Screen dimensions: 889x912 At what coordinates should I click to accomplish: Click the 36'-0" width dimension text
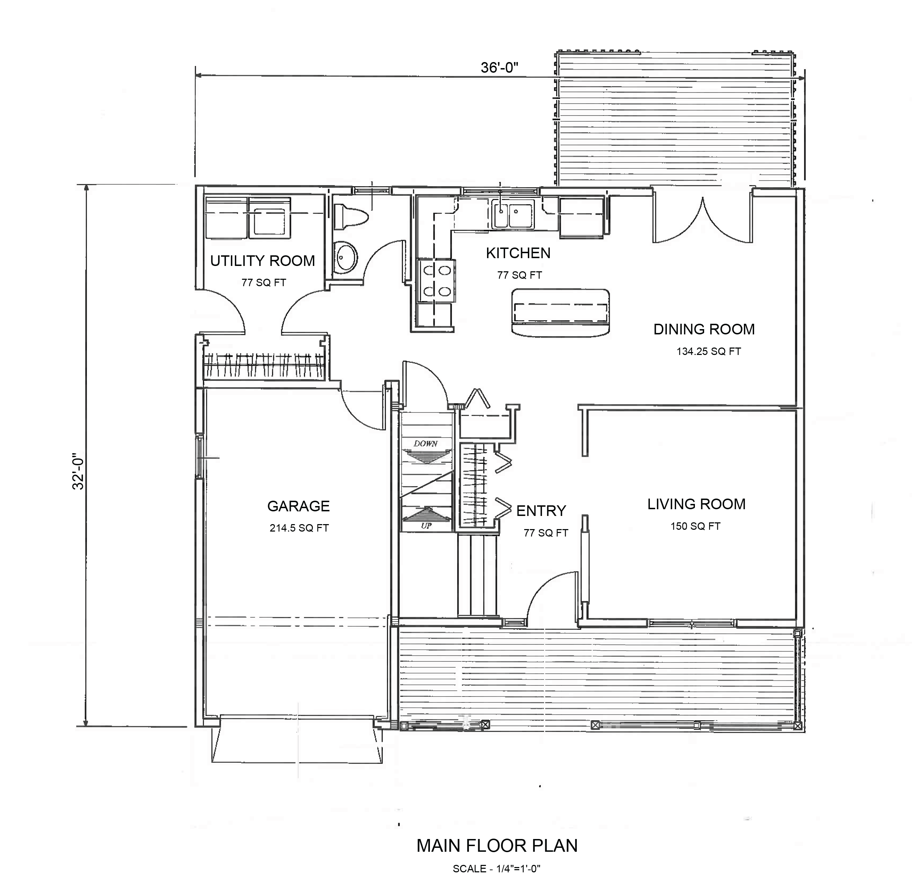(x=499, y=68)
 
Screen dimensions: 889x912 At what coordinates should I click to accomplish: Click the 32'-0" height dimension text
(x=78, y=471)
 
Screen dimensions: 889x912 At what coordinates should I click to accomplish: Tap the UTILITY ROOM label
(x=262, y=261)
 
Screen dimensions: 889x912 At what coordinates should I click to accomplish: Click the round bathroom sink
(x=346, y=258)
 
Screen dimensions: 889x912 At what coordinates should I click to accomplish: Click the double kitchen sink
(x=512, y=214)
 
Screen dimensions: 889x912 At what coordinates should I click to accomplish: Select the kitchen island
(x=561, y=311)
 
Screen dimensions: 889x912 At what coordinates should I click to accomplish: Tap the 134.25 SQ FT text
(x=708, y=351)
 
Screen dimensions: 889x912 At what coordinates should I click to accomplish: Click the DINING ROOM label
(x=704, y=329)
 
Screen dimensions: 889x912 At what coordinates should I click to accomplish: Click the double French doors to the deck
(x=703, y=220)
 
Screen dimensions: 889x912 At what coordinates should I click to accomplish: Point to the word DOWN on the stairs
(x=425, y=444)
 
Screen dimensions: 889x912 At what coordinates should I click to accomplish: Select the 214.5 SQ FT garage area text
(x=299, y=528)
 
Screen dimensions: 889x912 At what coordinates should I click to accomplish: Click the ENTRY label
(x=541, y=511)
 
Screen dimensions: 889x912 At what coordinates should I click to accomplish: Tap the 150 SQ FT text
(x=695, y=526)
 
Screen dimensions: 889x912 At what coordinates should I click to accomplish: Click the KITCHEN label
(x=518, y=253)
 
